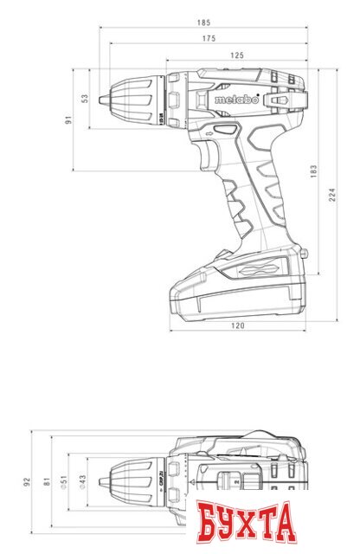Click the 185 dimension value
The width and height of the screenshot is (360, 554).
[203, 22]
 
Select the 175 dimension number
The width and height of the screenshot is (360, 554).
[208, 39]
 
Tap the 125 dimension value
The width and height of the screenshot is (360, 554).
[236, 55]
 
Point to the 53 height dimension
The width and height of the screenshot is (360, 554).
[84, 99]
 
